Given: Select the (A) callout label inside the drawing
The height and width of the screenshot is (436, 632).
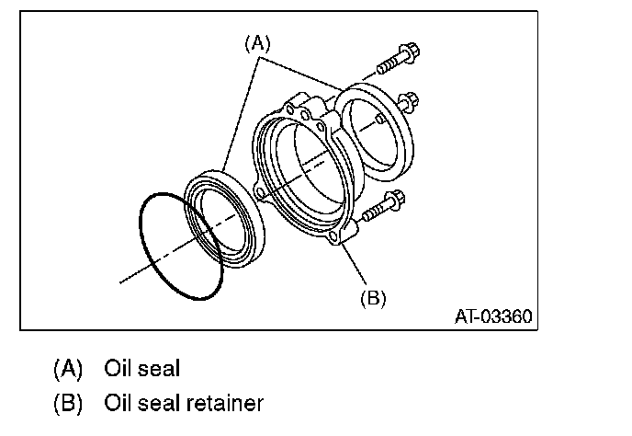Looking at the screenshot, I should [258, 43].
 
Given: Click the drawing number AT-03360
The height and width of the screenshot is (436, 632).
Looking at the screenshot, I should [492, 317].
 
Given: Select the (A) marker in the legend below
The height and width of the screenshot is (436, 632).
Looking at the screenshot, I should [68, 369].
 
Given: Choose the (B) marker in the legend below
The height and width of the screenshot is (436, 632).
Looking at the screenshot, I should [68, 404].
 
